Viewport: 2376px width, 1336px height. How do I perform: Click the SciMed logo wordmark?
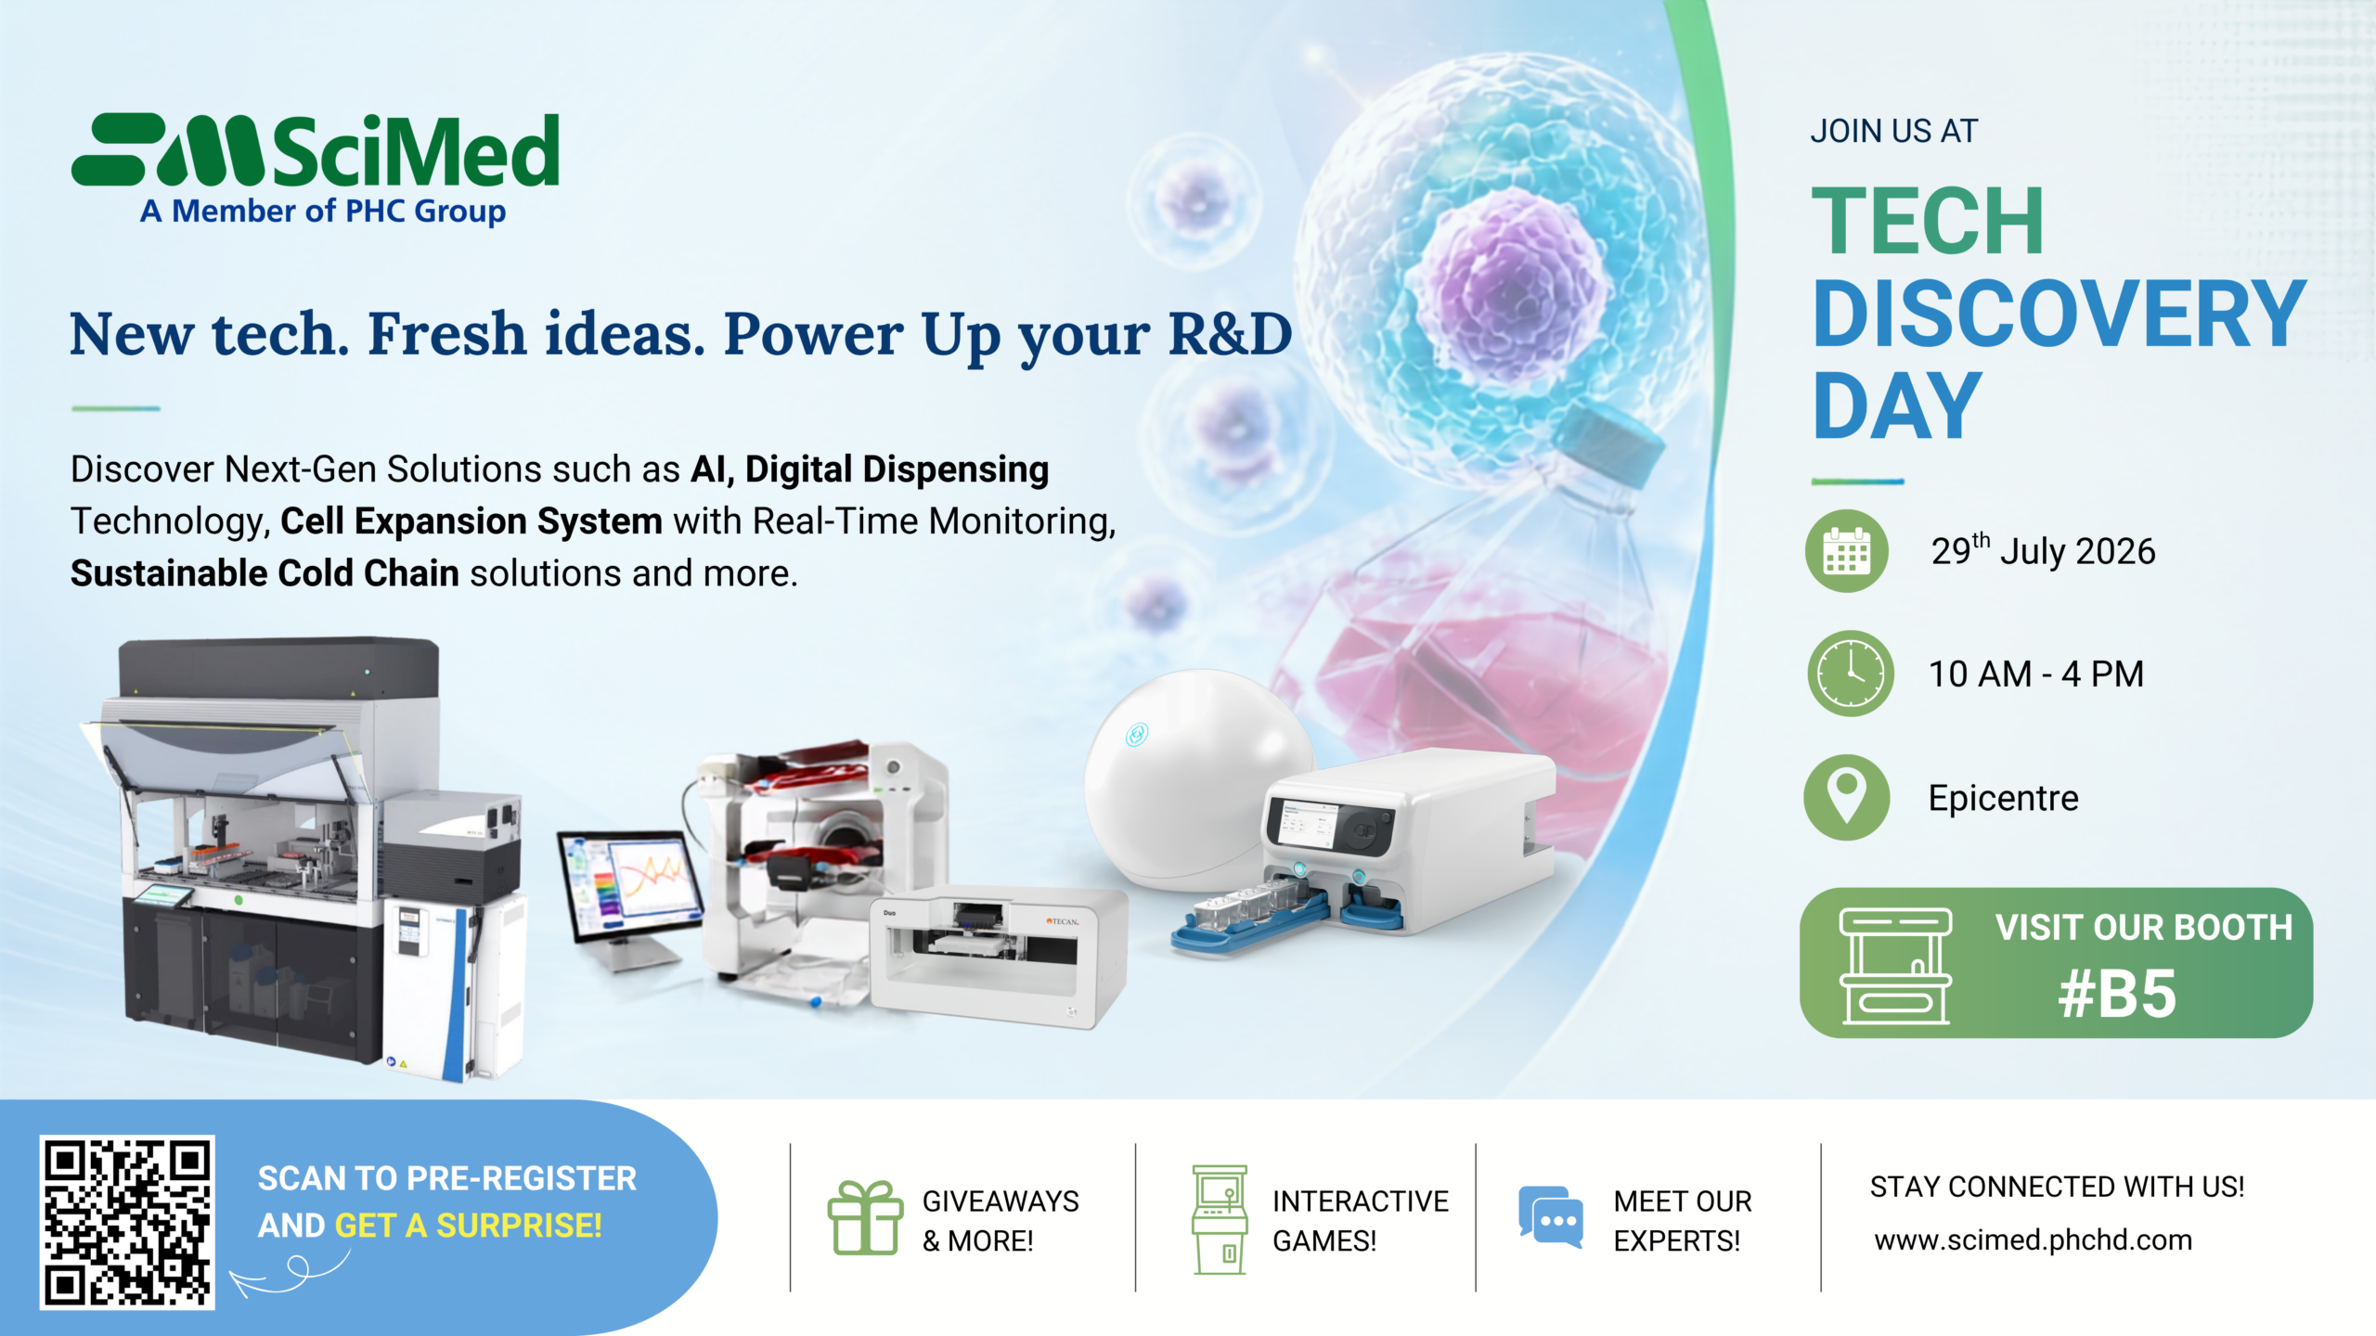(x=316, y=150)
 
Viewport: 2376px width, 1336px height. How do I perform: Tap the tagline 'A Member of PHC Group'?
(x=323, y=212)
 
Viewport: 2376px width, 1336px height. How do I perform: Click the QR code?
(x=127, y=1222)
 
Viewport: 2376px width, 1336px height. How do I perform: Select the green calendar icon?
(x=1846, y=551)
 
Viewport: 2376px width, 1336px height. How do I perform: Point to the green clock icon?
(x=1851, y=674)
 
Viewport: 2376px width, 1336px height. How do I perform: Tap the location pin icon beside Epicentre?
(x=1847, y=797)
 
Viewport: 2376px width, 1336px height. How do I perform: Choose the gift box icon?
(x=865, y=1217)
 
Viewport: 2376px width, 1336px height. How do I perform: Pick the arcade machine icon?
(x=1220, y=1219)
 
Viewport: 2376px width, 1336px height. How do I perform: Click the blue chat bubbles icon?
(x=1551, y=1216)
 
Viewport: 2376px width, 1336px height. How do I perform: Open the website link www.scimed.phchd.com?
(x=2033, y=1240)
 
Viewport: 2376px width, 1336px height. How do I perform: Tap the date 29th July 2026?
(x=2043, y=550)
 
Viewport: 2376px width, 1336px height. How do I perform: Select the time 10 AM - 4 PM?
(x=2036, y=674)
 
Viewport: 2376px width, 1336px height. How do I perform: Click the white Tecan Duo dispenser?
(x=999, y=956)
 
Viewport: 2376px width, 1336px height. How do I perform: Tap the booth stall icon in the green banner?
(x=1896, y=966)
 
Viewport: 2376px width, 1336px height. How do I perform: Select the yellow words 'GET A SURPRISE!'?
(x=469, y=1227)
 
